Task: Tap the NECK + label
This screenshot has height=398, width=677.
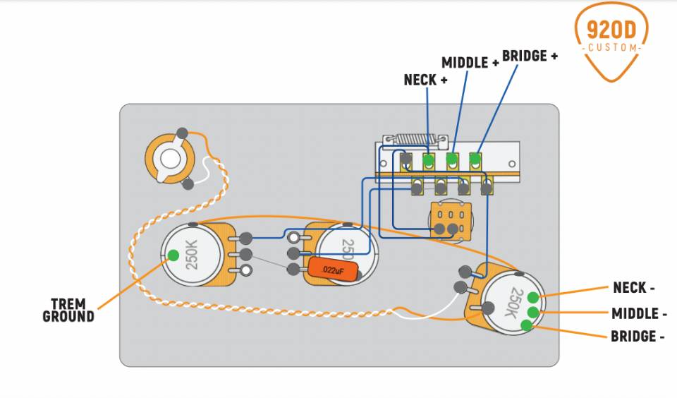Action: pyautogui.click(x=425, y=80)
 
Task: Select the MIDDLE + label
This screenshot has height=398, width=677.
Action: pyautogui.click(x=470, y=62)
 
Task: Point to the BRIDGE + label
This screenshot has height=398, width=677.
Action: pyautogui.click(x=529, y=55)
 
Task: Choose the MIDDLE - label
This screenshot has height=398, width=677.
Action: pyautogui.click(x=639, y=313)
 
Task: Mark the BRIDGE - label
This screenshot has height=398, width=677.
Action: pyautogui.click(x=638, y=337)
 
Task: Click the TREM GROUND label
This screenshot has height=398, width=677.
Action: pyautogui.click(x=68, y=310)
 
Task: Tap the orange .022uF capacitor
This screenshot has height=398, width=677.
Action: pyautogui.click(x=332, y=270)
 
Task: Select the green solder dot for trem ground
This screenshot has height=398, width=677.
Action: pyautogui.click(x=172, y=255)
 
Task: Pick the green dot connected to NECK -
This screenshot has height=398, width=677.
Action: pyautogui.click(x=533, y=296)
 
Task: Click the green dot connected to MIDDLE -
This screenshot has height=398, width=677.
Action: pyautogui.click(x=533, y=312)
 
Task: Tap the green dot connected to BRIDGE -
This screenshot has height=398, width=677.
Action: pyautogui.click(x=527, y=325)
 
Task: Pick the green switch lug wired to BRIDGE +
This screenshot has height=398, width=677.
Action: pyautogui.click(x=476, y=159)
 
